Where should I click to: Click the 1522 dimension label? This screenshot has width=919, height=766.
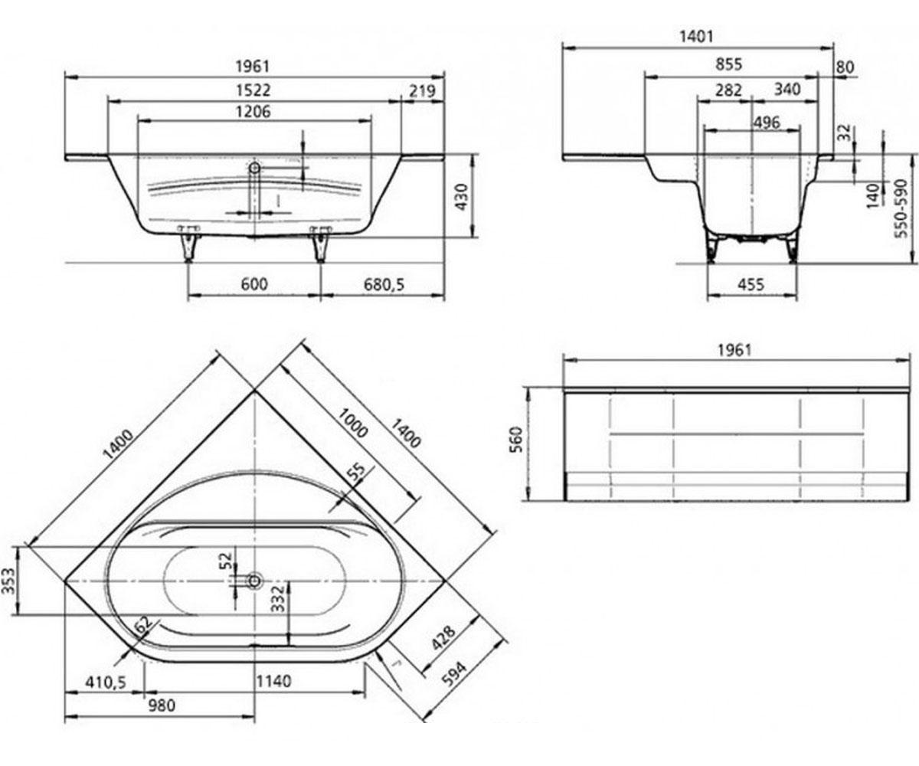[x=253, y=90]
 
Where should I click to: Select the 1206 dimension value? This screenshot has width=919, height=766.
[x=253, y=111]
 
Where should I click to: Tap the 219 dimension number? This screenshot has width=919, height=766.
[x=422, y=91]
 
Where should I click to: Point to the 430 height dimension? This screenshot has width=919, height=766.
[x=461, y=197]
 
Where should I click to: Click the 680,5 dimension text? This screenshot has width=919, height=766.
[x=384, y=284]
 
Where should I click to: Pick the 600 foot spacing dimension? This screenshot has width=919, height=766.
[x=254, y=284]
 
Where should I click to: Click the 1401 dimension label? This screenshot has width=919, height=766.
[x=696, y=36]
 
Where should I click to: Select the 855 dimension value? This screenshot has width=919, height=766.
[x=728, y=64]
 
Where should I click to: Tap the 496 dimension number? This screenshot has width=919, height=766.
[x=767, y=123]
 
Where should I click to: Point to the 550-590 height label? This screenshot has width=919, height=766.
[x=902, y=208]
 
